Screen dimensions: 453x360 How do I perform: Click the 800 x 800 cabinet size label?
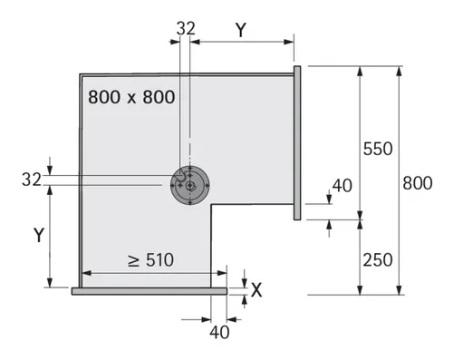pos(131,97)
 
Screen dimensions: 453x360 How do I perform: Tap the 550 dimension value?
pos(378,149)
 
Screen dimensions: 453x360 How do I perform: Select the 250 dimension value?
pos(378,259)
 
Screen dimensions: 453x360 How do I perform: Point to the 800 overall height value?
pos(418,183)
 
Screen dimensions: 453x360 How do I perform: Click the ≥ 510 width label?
pos(150,259)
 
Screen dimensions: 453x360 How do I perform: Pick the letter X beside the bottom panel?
pos(256,290)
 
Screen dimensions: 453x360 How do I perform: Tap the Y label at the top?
pos(241,30)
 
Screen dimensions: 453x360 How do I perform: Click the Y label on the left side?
pos(39,235)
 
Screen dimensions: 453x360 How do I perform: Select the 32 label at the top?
pos(186,29)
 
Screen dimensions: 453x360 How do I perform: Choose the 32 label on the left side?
pos(32,180)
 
